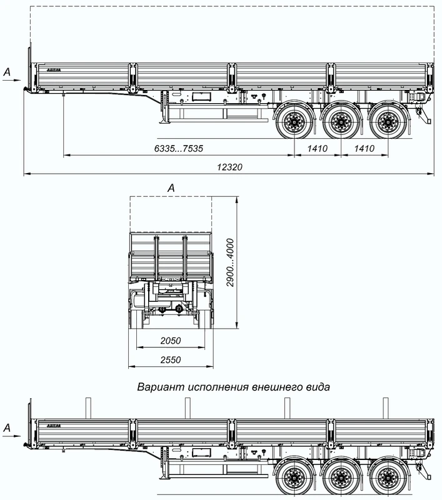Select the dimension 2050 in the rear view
pos(170,341)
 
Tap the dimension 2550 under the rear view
pos(170,360)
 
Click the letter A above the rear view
pos(171,187)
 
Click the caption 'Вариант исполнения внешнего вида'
pos(234,387)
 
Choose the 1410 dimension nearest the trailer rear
pos(364,148)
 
